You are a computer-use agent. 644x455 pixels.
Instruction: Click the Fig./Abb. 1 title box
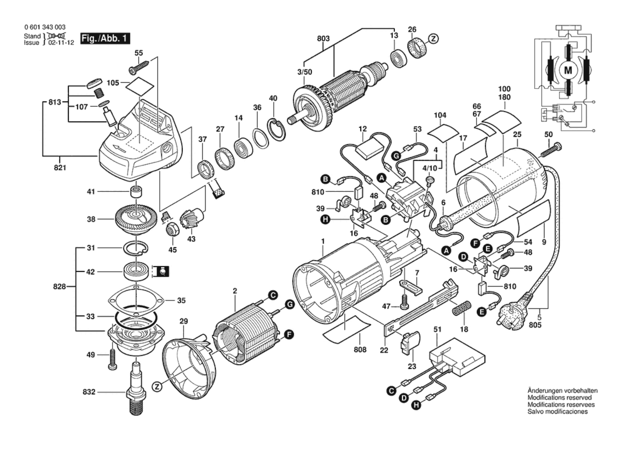(x=105, y=39)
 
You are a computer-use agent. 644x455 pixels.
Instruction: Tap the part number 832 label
(x=89, y=392)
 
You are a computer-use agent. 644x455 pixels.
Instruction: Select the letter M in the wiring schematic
(x=568, y=71)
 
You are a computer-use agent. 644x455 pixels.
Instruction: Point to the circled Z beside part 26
(x=433, y=39)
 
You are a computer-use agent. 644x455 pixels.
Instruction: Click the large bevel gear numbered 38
(x=136, y=218)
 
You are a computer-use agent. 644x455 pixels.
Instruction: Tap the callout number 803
(x=323, y=39)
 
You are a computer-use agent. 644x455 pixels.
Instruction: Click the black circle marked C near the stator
(x=273, y=295)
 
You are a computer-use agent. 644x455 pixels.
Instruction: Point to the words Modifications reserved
(x=559, y=398)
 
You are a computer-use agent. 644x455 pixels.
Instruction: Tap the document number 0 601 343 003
(x=45, y=27)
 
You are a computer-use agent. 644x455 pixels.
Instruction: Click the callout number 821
(x=60, y=167)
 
